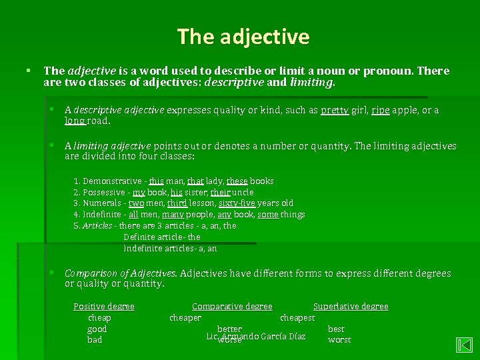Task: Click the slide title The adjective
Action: (243, 36)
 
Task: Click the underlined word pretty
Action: (334, 110)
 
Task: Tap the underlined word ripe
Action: (381, 110)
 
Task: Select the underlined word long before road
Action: (75, 121)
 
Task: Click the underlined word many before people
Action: (173, 215)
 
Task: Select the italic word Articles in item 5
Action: (97, 226)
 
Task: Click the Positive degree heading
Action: (103, 307)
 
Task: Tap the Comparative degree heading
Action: (232, 307)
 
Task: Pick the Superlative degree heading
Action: (351, 307)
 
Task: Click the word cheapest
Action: (297, 318)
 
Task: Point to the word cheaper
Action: (185, 318)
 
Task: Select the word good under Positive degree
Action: (97, 329)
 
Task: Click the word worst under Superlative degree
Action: (339, 340)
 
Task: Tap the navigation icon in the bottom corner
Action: (464, 345)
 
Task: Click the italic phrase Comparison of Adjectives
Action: (121, 273)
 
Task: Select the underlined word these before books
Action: (237, 181)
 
